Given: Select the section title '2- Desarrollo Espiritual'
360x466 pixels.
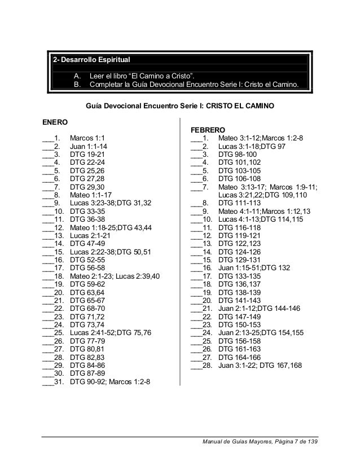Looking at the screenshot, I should click(x=91, y=60).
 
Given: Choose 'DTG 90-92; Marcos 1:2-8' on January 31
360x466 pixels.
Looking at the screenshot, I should click(x=111, y=383).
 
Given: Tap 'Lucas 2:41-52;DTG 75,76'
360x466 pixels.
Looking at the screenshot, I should click(x=110, y=333).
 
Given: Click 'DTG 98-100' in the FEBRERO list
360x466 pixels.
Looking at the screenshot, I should click(x=237, y=153).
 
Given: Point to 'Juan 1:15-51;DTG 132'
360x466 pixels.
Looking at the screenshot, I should click(x=254, y=267).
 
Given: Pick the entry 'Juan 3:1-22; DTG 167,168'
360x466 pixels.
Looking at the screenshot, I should click(x=260, y=366).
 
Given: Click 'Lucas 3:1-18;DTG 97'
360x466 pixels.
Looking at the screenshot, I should click(x=251, y=146).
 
